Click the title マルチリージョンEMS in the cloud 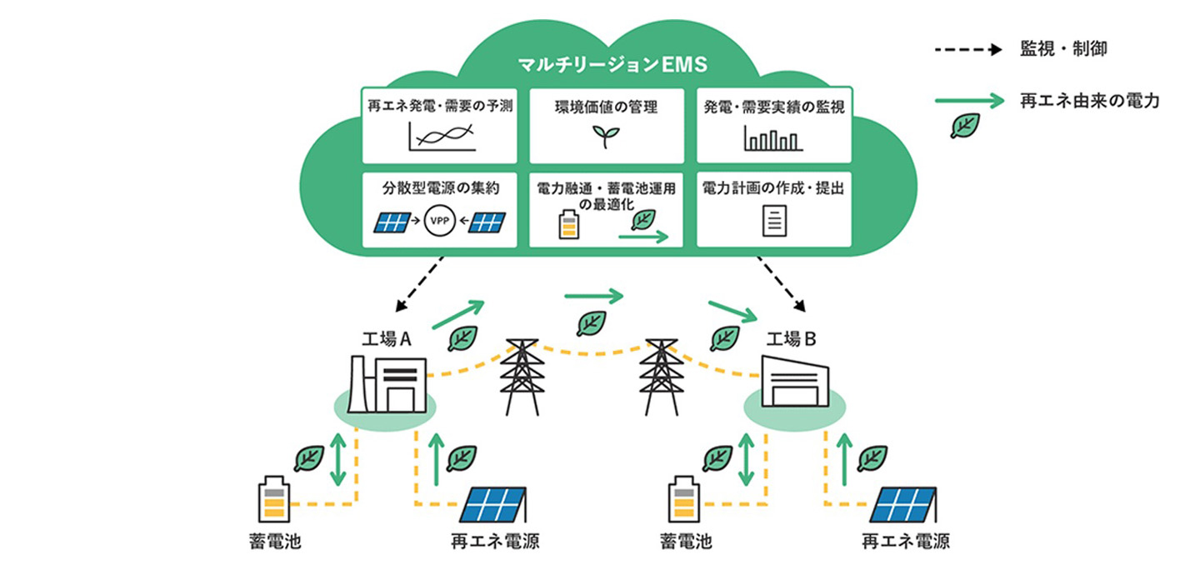[x=607, y=66]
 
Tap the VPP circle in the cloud [x=437, y=222]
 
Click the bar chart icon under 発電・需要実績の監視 [x=773, y=137]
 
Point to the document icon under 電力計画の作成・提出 [x=774, y=222]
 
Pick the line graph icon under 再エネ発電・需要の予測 [x=442, y=137]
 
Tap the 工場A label [x=385, y=340]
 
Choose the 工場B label [x=792, y=340]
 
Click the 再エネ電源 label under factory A [x=495, y=542]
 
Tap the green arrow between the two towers [x=594, y=295]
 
